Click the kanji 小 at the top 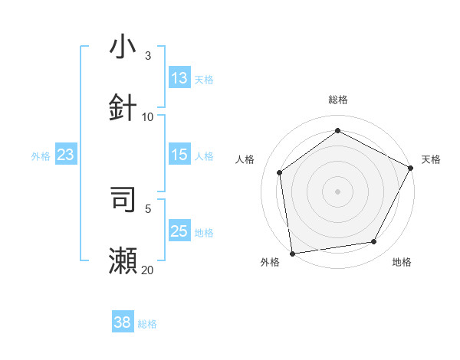[123, 47]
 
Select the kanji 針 [123, 106]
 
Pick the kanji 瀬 [123, 261]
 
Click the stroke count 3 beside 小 [148, 55]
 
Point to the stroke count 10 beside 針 [148, 116]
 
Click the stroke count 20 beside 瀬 [148, 270]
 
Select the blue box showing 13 [179, 78]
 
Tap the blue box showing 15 [179, 155]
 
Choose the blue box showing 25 [179, 231]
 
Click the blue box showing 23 [66, 155]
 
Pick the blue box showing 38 [123, 323]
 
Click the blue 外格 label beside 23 [41, 155]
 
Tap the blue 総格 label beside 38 [147, 324]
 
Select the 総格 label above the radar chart [338, 100]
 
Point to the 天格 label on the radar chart [431, 159]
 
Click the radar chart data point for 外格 [292, 253]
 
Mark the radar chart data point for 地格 [374, 242]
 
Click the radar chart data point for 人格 [280, 172]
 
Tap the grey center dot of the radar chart [337, 191]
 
